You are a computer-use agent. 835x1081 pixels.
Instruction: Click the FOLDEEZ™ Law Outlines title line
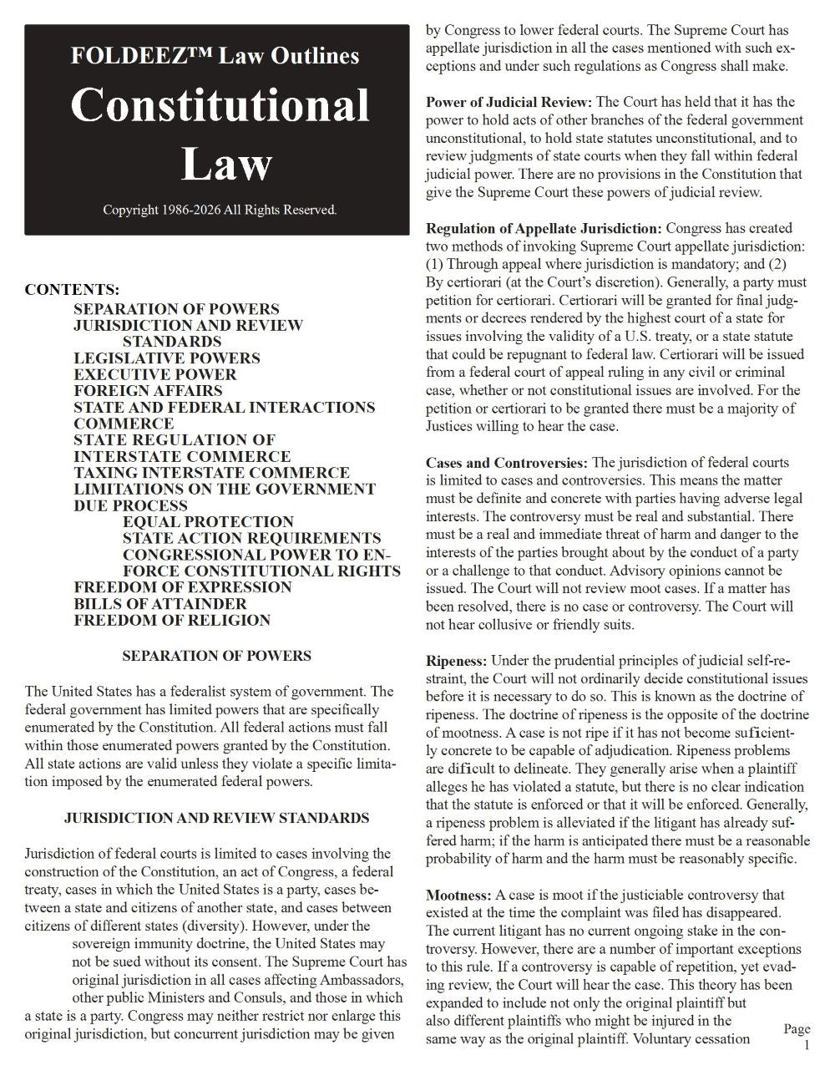(215, 56)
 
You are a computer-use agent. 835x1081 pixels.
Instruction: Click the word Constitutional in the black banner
(220, 106)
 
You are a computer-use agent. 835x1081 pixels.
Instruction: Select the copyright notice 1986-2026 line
(220, 210)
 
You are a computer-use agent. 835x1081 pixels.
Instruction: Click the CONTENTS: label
(72, 291)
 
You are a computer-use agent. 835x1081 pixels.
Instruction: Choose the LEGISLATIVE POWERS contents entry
(166, 358)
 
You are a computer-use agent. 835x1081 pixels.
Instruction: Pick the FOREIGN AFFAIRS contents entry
(148, 390)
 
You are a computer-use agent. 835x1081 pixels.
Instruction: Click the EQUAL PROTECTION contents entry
(208, 521)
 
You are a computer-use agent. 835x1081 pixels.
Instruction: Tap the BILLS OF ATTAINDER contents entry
(159, 603)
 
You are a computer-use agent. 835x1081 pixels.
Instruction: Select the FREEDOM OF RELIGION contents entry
(171, 620)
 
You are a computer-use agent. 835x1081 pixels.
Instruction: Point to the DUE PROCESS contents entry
(130, 505)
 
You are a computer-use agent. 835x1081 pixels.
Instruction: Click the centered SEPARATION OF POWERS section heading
(216, 656)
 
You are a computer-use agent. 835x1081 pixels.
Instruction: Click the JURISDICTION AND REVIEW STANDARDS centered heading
(216, 818)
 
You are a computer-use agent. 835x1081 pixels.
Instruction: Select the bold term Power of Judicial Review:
(509, 102)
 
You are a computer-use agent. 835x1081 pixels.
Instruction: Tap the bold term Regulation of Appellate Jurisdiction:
(544, 228)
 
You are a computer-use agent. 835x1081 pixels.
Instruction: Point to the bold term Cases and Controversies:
(507, 463)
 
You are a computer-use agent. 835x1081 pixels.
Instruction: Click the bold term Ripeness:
(456, 661)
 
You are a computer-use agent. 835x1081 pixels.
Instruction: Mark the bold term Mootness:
(458, 896)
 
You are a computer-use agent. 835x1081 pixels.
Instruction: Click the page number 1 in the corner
(806, 1045)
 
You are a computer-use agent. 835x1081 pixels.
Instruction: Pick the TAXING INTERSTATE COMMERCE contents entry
(211, 473)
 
